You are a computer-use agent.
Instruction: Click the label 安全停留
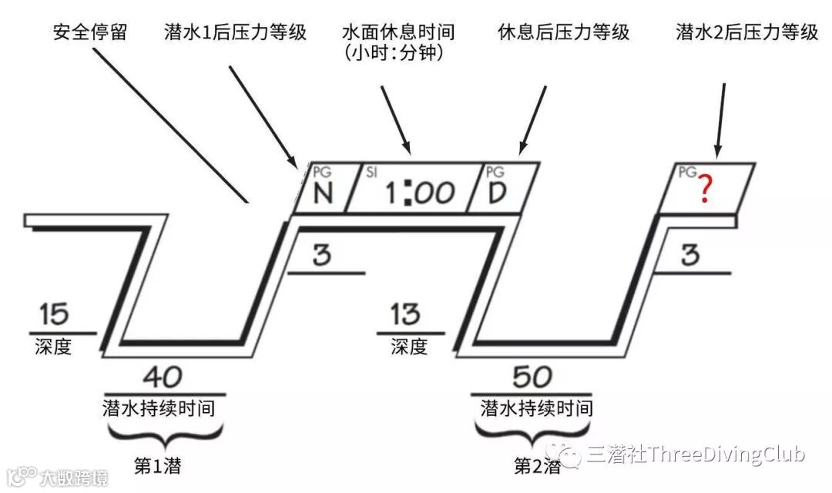click(x=90, y=32)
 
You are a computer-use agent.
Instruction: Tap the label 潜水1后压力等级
click(x=235, y=32)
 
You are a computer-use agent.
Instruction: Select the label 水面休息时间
click(x=398, y=32)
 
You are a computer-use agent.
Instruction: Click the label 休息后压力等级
click(x=564, y=32)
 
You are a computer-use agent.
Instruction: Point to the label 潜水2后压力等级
click(x=746, y=32)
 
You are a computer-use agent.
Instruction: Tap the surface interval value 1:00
click(x=419, y=193)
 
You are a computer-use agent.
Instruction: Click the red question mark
click(x=703, y=189)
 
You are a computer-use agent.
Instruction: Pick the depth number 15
click(x=53, y=314)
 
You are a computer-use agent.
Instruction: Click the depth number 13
click(x=406, y=314)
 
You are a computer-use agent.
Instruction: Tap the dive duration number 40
click(x=163, y=377)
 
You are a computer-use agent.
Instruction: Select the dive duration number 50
click(x=532, y=377)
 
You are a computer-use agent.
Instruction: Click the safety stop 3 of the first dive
click(x=322, y=255)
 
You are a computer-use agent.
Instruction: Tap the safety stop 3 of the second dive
click(x=689, y=255)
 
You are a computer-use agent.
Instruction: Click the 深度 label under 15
click(x=53, y=347)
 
